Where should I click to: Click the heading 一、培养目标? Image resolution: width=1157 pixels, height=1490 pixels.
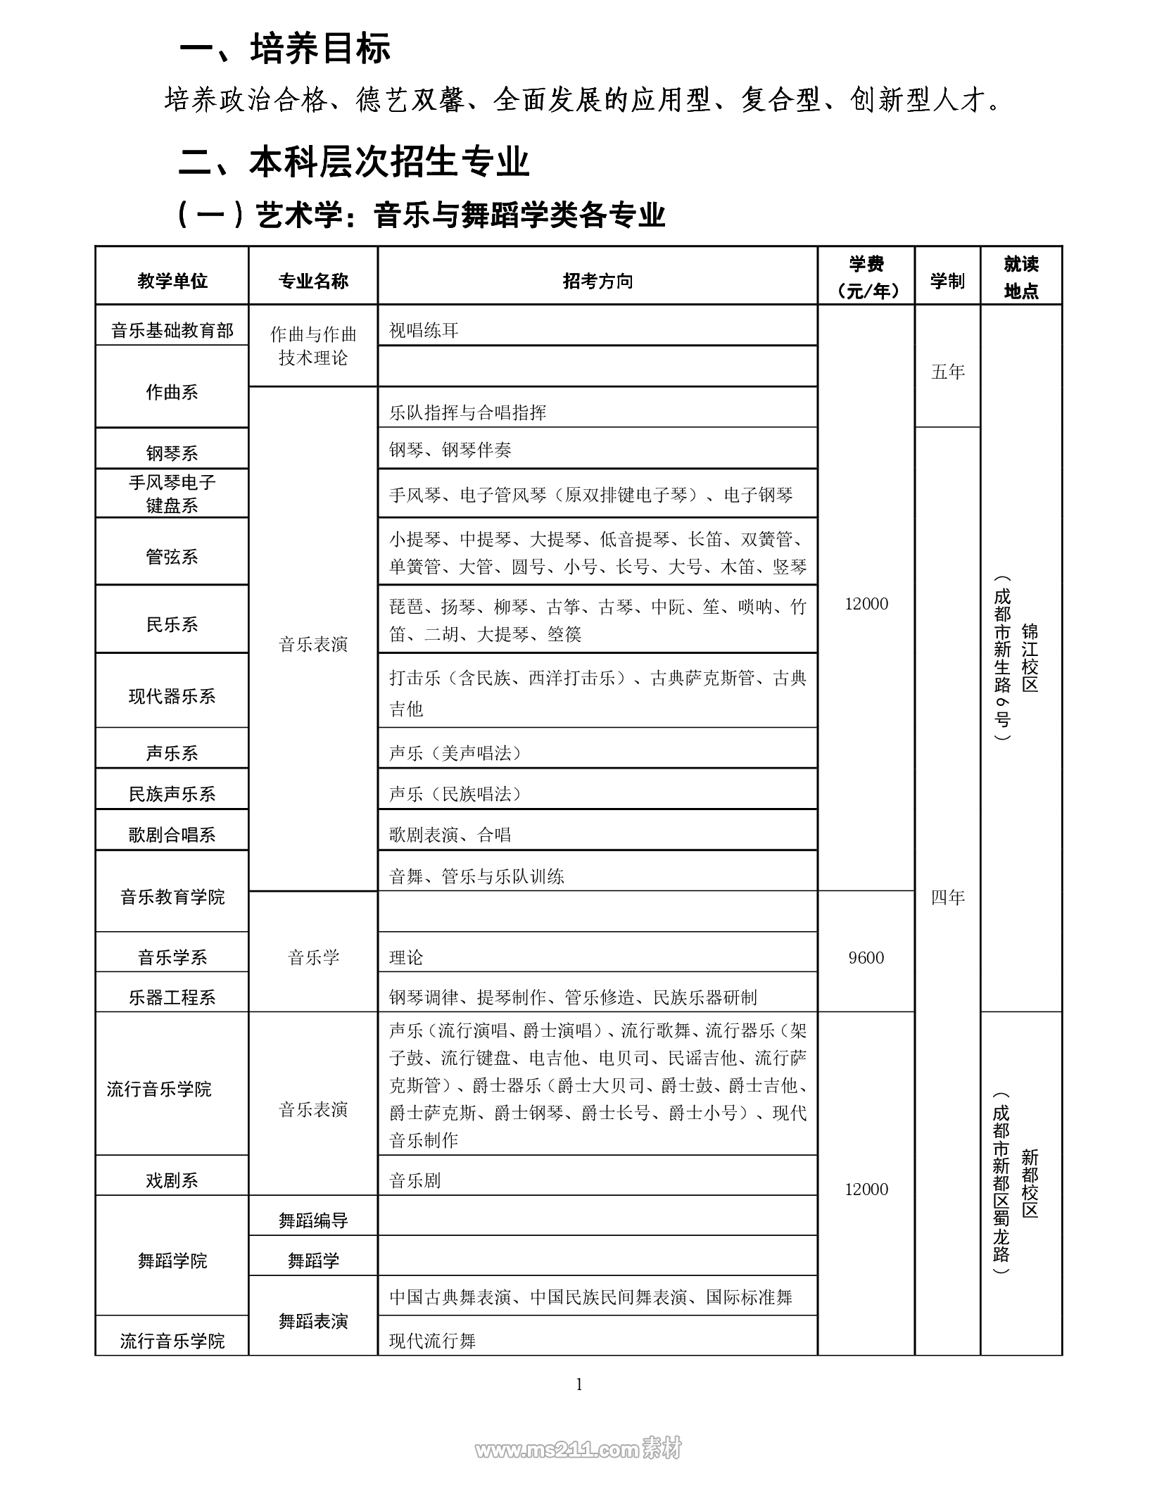[x=285, y=49]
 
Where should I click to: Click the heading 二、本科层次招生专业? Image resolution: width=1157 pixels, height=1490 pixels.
[x=354, y=162]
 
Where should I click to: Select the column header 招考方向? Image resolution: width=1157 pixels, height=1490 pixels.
[x=598, y=282]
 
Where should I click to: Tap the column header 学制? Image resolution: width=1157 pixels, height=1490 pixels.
[x=947, y=282]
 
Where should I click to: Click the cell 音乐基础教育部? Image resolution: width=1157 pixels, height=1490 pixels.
[x=172, y=331]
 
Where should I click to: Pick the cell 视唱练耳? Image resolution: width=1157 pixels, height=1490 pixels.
[x=424, y=330]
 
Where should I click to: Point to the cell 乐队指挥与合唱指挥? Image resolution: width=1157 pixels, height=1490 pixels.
[x=468, y=412]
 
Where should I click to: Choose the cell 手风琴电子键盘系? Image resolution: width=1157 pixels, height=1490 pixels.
[x=172, y=493]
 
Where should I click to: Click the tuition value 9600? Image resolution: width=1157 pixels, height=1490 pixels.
[x=866, y=957]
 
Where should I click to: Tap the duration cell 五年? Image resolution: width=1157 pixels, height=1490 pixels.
[x=947, y=372]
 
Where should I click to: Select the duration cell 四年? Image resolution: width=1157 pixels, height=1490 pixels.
[x=947, y=897]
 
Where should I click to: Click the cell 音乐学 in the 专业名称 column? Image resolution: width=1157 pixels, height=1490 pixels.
[x=313, y=957]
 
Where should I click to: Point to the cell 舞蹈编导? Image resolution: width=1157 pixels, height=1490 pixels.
[x=313, y=1220]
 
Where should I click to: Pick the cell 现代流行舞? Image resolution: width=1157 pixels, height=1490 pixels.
[x=433, y=1341]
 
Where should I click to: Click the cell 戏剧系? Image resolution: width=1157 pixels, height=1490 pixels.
[x=172, y=1180]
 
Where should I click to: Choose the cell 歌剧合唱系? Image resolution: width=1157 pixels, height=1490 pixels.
[x=172, y=835]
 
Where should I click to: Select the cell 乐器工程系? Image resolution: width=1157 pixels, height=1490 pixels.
[x=172, y=997]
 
